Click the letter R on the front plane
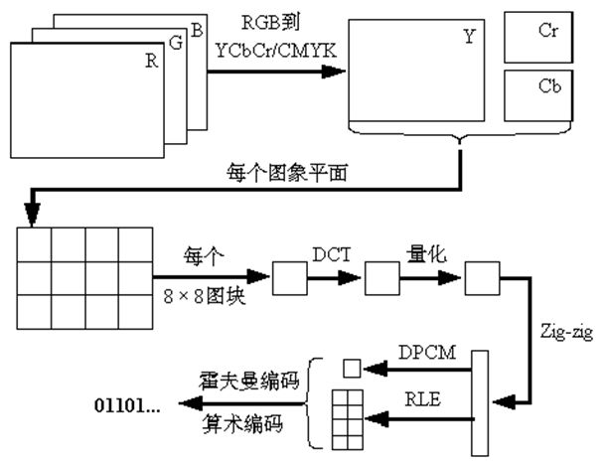(x=152, y=61)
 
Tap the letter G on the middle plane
(x=175, y=45)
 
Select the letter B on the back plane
(x=197, y=31)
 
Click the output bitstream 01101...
(x=127, y=404)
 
